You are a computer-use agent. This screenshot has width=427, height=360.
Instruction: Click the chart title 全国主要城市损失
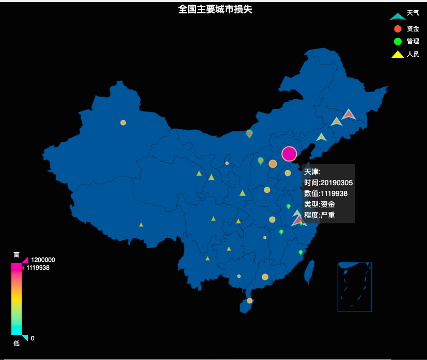(215, 9)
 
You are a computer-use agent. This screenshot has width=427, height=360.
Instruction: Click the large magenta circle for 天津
(289, 154)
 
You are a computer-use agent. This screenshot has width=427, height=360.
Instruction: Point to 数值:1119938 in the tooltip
(325, 193)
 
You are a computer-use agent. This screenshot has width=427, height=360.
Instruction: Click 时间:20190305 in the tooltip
(328, 183)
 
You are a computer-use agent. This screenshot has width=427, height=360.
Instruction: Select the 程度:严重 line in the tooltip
(319, 215)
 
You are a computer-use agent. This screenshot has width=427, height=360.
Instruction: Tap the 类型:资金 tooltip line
(319, 204)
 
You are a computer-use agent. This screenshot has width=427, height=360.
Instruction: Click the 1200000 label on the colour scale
(43, 260)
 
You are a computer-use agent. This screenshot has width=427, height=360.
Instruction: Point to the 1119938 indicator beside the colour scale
(38, 268)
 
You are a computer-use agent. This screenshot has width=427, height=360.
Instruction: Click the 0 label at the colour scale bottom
(33, 338)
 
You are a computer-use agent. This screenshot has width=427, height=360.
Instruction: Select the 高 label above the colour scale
(17, 255)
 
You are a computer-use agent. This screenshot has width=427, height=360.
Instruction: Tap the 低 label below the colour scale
(17, 343)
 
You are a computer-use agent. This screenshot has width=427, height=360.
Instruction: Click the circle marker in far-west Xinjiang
(123, 123)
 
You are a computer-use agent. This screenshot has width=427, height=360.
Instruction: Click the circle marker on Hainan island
(249, 301)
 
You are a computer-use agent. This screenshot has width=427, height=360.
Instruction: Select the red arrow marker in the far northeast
(349, 114)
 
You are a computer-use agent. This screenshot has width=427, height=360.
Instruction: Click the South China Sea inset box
(355, 287)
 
